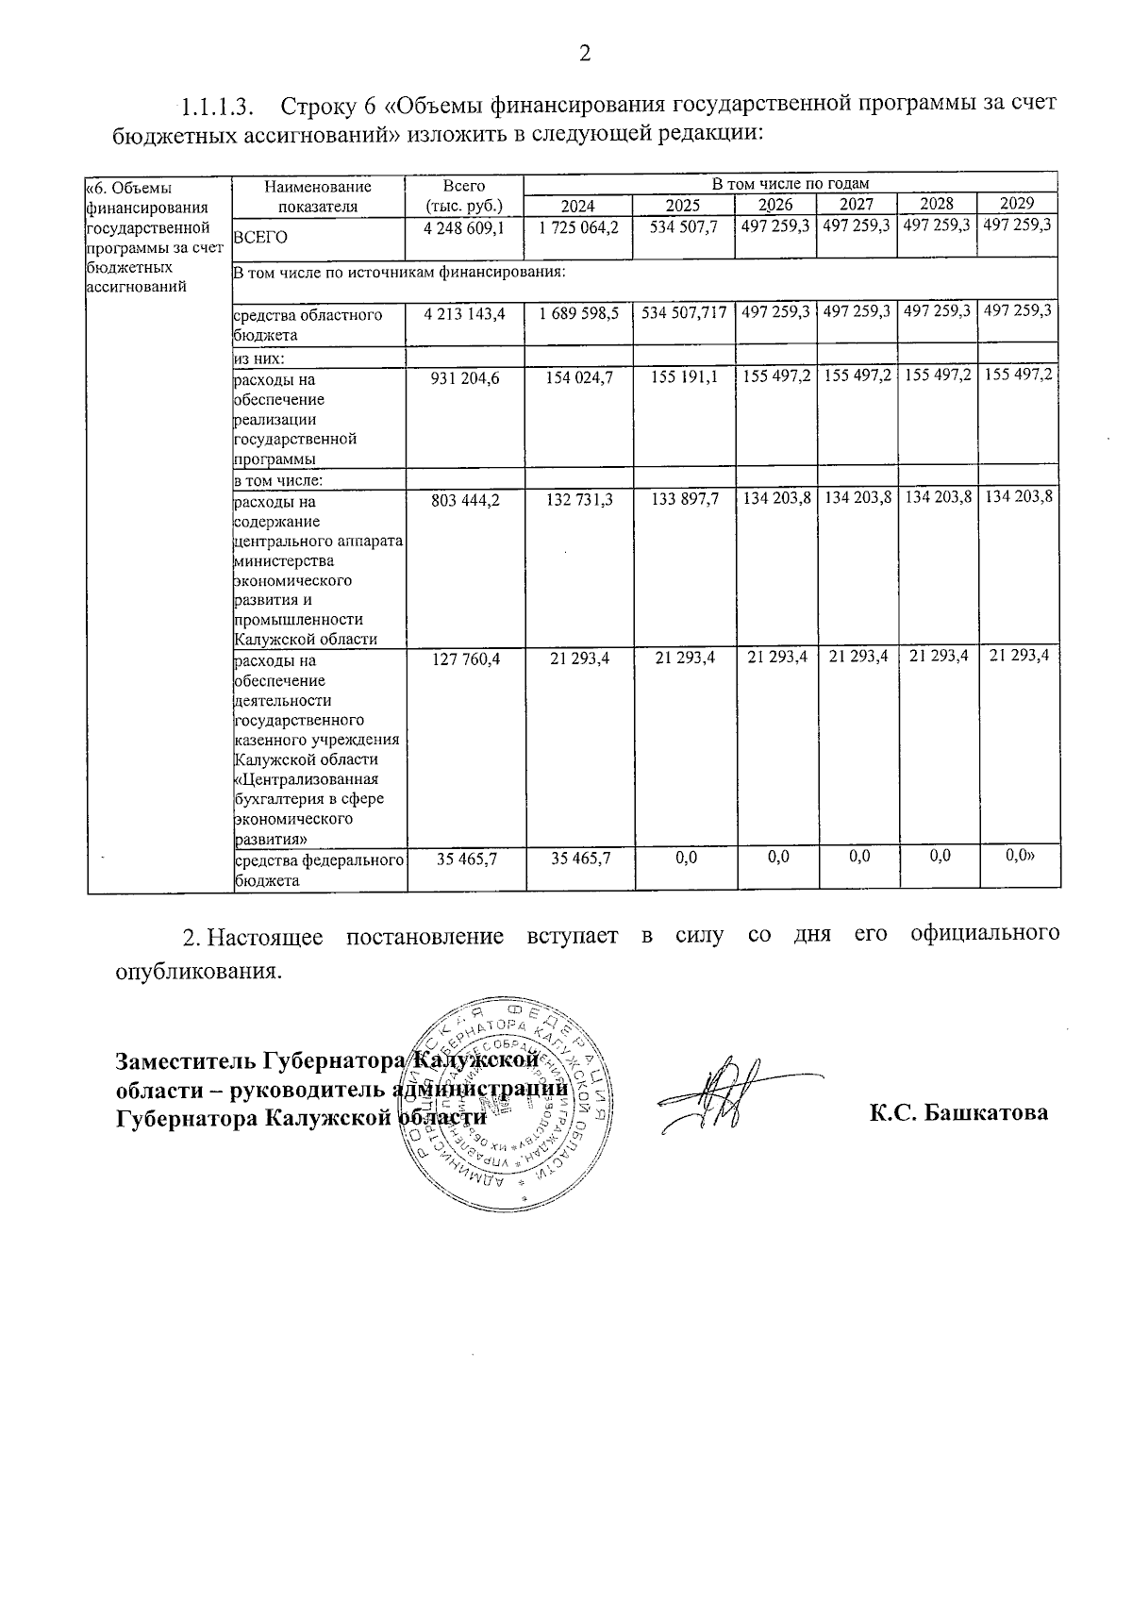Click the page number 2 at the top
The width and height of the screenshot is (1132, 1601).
pyautogui.click(x=584, y=54)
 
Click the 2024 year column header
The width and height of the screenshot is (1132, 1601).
pyautogui.click(x=578, y=205)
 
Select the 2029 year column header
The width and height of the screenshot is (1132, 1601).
pyautogui.click(x=1017, y=204)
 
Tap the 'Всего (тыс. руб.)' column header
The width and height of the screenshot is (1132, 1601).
pyautogui.click(x=463, y=196)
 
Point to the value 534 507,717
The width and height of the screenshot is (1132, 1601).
pyautogui.click(x=684, y=312)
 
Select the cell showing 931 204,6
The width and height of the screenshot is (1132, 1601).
pyautogui.click(x=463, y=377)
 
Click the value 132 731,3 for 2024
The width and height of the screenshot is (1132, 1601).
pyautogui.click(x=578, y=499)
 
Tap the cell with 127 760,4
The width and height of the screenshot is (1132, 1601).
pyautogui.click(x=463, y=659)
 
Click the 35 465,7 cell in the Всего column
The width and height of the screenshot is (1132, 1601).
pyautogui.click(x=463, y=859)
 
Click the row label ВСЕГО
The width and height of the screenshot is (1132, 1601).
pyautogui.click(x=260, y=238)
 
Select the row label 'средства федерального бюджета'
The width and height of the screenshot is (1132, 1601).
pyautogui.click(x=319, y=870)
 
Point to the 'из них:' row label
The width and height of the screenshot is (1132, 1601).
pyautogui.click(x=259, y=359)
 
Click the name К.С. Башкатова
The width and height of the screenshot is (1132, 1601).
pyautogui.click(x=957, y=1112)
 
